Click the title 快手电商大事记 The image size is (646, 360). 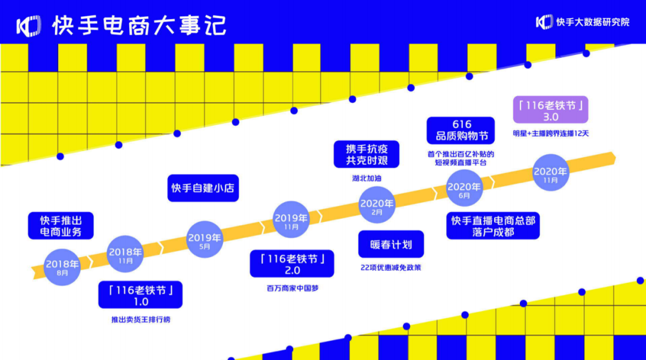coord(139,25)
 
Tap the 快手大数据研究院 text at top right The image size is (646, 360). coord(592,22)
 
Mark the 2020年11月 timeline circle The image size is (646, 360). coord(550,174)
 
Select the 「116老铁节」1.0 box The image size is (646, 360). coord(141,295)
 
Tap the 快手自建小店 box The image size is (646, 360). coord(203,188)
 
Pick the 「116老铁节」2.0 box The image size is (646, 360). coord(292,263)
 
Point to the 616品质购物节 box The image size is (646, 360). coord(461,130)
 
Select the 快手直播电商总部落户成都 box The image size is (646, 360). coord(493,226)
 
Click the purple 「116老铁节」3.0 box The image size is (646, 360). coord(551,110)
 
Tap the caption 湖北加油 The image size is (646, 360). coord(367,178)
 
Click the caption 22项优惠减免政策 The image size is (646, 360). coord(391,268)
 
